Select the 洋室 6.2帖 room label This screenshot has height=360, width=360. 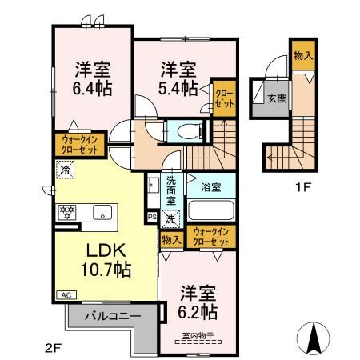195,300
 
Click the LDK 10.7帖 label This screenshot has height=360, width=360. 102,258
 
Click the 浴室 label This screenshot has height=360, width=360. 211,186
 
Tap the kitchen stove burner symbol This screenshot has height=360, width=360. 66,212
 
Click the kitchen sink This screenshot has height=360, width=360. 102,212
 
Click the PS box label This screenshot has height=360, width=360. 152,216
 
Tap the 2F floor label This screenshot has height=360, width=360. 53,347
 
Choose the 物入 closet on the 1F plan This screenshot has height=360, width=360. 302,55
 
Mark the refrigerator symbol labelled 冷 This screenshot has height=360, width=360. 65,169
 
